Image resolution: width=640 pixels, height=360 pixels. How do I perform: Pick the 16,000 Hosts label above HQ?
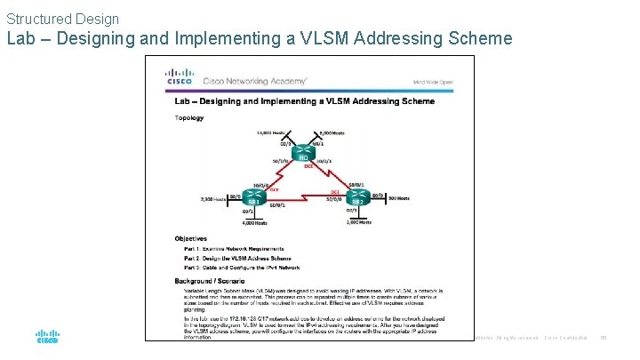point(269,132)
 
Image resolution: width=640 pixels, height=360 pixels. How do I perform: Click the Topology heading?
point(188,117)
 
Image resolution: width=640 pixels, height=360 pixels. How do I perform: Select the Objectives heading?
point(191,238)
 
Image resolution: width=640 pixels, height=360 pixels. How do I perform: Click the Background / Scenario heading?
point(210,281)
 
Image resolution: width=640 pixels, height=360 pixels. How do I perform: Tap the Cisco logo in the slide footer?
point(47,338)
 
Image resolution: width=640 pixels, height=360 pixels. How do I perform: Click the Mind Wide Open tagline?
point(433,81)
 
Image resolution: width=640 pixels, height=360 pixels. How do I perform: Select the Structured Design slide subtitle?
point(62,18)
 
